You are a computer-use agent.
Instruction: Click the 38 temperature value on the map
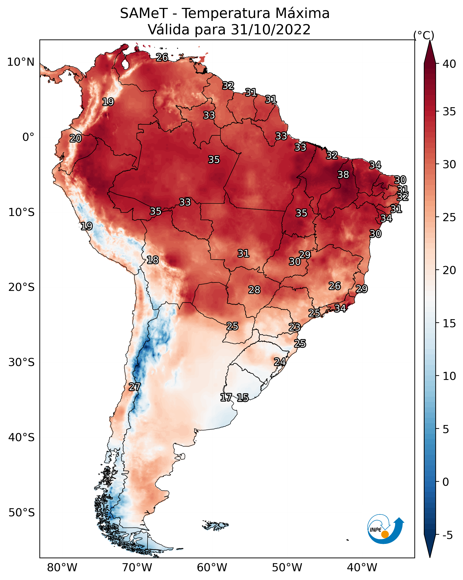343,174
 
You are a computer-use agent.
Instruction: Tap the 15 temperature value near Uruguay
243,398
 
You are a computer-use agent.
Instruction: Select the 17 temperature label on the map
226,397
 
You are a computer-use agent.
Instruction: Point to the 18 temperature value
153,260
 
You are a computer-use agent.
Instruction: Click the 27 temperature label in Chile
134,387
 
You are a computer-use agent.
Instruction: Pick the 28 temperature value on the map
254,290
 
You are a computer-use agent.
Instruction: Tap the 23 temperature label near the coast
295,327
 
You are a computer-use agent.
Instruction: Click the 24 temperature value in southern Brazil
280,362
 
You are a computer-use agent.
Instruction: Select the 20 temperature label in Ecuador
75,138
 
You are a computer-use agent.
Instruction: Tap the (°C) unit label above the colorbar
424,35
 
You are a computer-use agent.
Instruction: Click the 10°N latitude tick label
21,62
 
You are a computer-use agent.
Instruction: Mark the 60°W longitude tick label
212,568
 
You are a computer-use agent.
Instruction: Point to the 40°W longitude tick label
362,568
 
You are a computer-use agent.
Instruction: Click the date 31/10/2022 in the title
271,29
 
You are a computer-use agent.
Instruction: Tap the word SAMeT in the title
144,13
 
